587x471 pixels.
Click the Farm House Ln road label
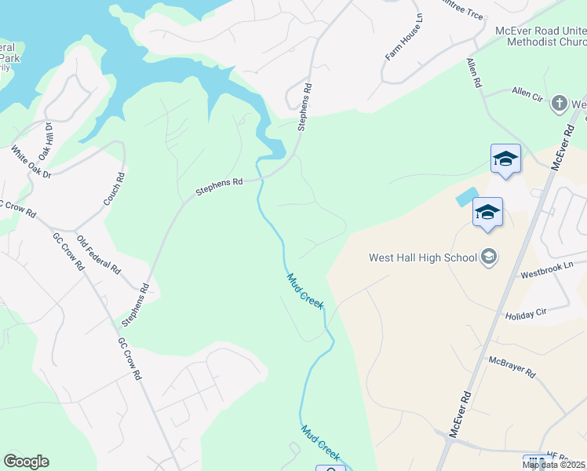404,37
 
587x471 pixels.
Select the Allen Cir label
528,92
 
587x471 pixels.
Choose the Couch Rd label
115,189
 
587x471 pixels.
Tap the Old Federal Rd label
98,254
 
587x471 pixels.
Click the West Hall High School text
422,257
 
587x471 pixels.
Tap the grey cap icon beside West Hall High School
489,257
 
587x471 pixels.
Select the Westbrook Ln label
547,270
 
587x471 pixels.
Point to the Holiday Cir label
526,312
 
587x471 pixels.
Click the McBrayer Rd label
511,365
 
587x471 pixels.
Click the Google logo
26,462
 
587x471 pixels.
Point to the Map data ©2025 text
553,465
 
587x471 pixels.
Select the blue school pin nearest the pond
487,213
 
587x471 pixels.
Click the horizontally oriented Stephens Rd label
219,186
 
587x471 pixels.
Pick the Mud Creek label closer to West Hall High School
304,290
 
